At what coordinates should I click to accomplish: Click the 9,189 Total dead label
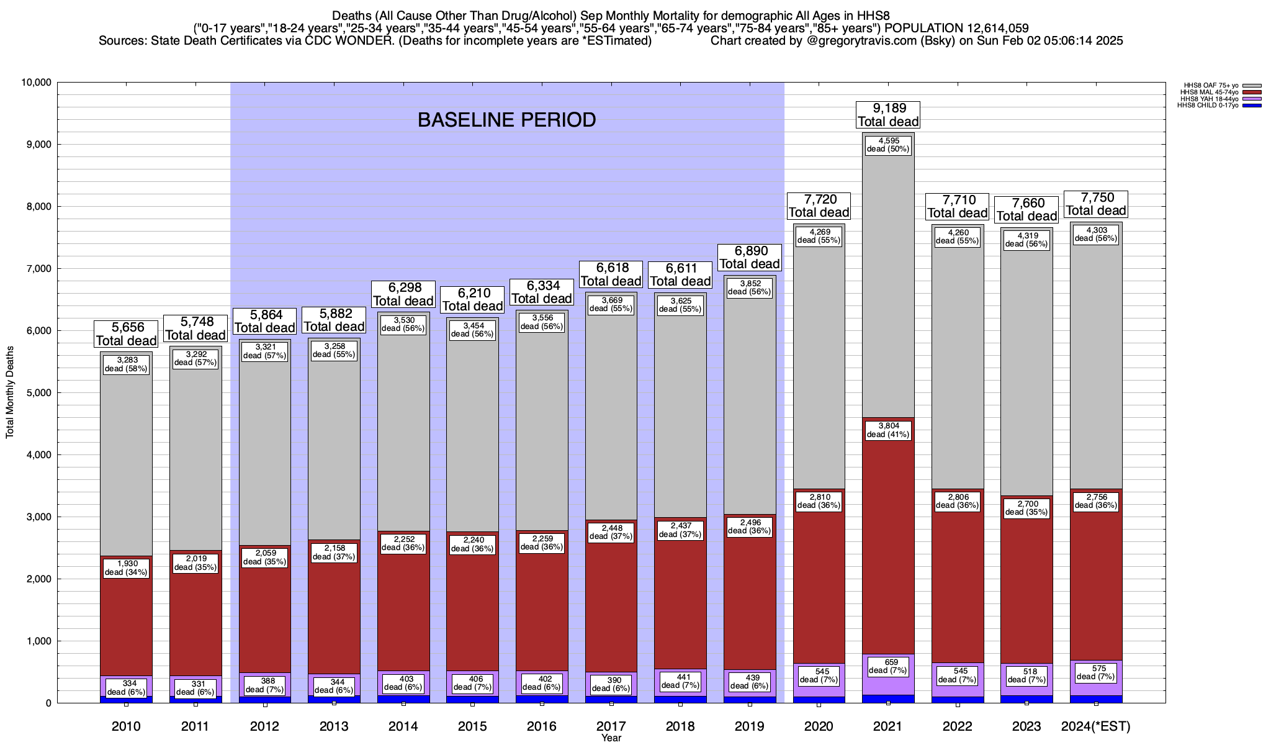point(888,115)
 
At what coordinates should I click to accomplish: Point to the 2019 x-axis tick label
point(750,726)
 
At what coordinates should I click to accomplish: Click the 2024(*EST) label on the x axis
point(1096,726)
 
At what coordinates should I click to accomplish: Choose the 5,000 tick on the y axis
point(38,393)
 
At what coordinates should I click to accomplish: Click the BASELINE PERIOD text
point(506,120)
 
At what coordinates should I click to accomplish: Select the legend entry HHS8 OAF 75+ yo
point(1211,85)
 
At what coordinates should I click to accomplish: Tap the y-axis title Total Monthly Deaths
point(10,392)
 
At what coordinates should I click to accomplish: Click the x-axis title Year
point(611,738)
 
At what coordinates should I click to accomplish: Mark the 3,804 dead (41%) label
point(888,430)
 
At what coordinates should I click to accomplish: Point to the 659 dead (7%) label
point(888,666)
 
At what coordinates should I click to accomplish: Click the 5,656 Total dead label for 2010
point(126,334)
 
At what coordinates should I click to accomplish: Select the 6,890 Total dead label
point(750,257)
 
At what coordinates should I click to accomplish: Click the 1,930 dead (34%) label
point(126,567)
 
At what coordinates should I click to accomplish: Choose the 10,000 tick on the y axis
point(36,83)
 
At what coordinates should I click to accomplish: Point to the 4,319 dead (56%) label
point(1026,240)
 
